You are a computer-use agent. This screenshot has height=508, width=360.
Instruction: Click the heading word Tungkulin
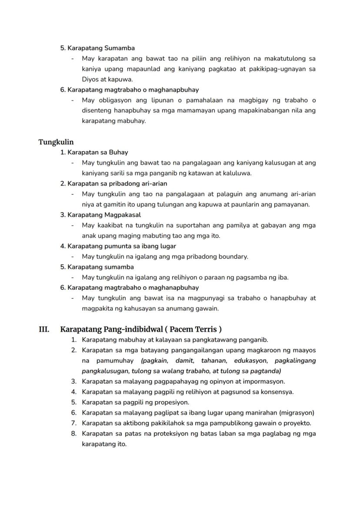56,142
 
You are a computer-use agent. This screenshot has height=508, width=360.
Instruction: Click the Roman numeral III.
44,329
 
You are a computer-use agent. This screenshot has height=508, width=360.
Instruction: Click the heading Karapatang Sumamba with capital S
97,48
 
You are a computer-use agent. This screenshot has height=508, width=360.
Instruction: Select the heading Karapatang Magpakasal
100,215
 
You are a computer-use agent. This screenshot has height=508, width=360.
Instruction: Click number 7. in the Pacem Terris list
74,423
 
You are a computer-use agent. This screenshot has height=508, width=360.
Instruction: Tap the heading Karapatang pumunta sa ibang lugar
118,246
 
